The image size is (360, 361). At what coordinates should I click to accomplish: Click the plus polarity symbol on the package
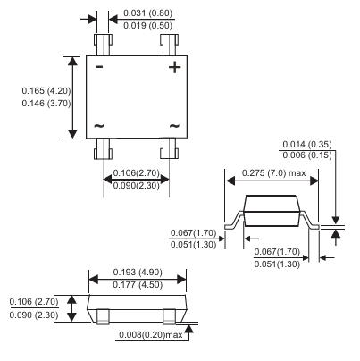click(x=174, y=67)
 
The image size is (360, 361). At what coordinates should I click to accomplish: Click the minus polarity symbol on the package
click(x=99, y=66)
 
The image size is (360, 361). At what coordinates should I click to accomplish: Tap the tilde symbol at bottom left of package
click(x=99, y=126)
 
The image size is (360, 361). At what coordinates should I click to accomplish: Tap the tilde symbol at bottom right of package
click(x=174, y=126)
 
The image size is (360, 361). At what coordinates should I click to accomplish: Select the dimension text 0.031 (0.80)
click(x=147, y=13)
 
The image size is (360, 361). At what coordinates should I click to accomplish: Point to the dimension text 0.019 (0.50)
click(x=147, y=25)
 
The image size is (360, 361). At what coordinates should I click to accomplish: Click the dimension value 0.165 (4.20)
click(x=46, y=90)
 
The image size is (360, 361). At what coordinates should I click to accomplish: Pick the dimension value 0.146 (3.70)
click(x=46, y=104)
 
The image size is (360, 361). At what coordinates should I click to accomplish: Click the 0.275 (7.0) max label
click(x=273, y=172)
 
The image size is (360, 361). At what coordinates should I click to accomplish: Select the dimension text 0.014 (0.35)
click(x=307, y=145)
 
